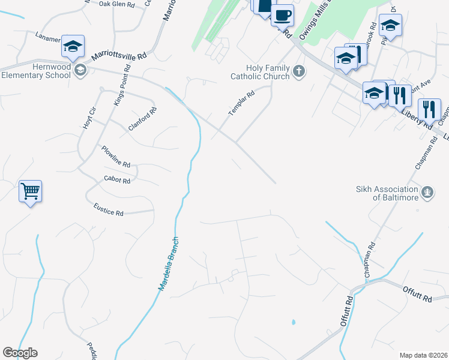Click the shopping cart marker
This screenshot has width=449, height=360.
[30, 192]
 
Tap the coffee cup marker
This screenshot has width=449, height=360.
[282, 14]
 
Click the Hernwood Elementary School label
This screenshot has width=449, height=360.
[36, 71]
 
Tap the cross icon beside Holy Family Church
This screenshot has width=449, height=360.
[298, 72]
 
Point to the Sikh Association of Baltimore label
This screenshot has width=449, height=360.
[387, 193]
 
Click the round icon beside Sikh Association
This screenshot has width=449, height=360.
[427, 193]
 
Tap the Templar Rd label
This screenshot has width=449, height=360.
[241, 103]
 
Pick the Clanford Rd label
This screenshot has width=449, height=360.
[142, 119]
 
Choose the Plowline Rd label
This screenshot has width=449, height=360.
[116, 156]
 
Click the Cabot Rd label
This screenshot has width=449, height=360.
[117, 179]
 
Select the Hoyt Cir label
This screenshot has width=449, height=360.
[89, 119]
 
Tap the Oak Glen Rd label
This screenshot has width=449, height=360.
[116, 4]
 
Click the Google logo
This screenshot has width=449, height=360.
[20, 353]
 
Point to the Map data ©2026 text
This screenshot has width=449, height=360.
[423, 355]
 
